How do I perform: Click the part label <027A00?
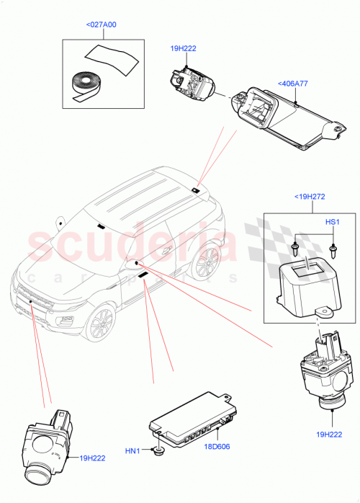(101, 25)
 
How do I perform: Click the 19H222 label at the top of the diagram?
(183, 49)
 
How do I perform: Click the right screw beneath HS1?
(333, 250)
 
